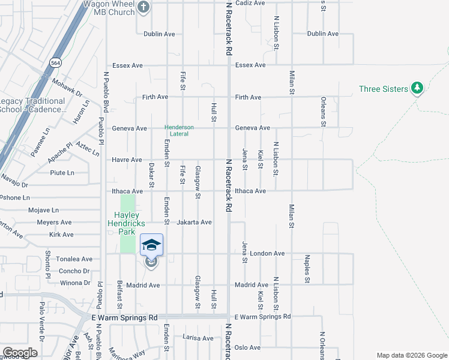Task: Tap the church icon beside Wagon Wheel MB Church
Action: (143, 8)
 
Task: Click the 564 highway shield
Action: (56, 62)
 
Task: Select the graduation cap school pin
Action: (151, 245)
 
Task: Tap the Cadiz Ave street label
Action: (250, 3)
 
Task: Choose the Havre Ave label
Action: (127, 160)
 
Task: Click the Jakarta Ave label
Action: (194, 222)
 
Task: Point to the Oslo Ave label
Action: (247, 347)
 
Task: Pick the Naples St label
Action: (307, 268)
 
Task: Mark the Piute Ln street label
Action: (62, 173)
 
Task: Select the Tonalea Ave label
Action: (74, 259)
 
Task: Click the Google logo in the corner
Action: (20, 353)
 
